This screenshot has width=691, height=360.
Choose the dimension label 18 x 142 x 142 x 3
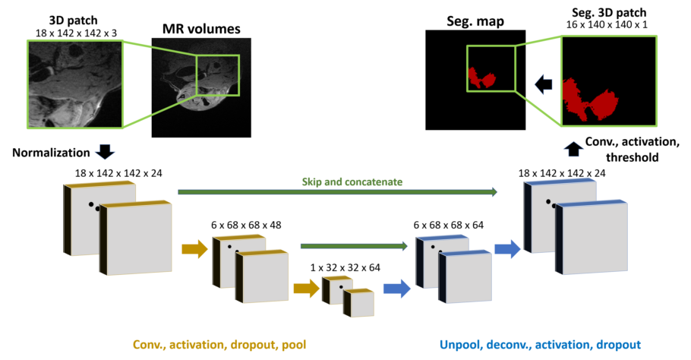point(72,33)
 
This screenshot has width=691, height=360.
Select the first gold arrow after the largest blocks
point(195,248)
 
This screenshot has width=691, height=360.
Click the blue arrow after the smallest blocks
point(395,288)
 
